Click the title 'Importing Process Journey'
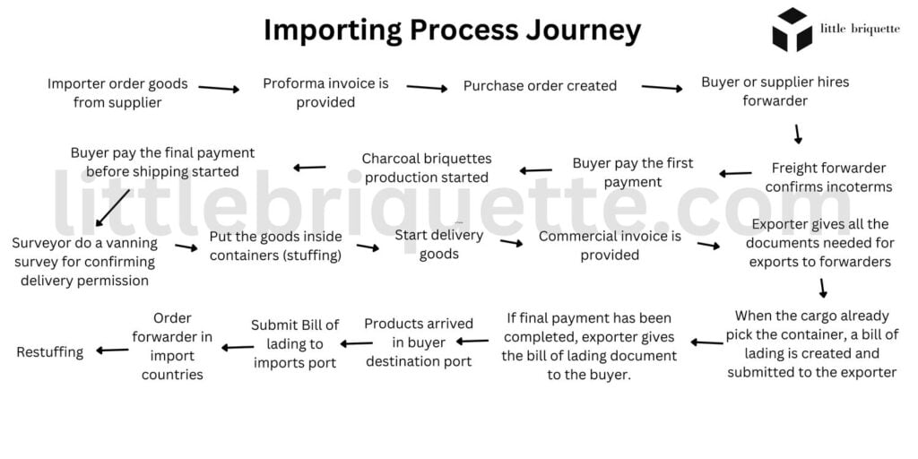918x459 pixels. click(452, 30)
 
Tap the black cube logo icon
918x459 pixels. click(792, 30)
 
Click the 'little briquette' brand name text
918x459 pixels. click(860, 29)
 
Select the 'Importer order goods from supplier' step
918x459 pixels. click(117, 93)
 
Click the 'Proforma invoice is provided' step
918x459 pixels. click(325, 93)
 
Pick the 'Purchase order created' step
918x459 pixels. click(540, 86)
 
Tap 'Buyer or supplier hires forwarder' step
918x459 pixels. click(775, 91)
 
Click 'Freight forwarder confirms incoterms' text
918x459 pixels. click(828, 178)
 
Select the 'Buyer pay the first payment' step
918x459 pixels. click(632, 173)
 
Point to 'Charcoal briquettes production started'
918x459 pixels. click(427, 168)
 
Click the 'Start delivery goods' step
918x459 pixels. click(438, 245)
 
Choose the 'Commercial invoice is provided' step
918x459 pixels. click(610, 246)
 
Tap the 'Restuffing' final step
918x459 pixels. click(50, 352)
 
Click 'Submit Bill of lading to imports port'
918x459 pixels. click(295, 344)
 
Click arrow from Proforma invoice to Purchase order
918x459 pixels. click(427, 87)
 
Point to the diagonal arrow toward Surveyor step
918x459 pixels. click(110, 208)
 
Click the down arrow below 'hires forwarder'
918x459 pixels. click(797, 134)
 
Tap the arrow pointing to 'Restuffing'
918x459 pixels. click(112, 351)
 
